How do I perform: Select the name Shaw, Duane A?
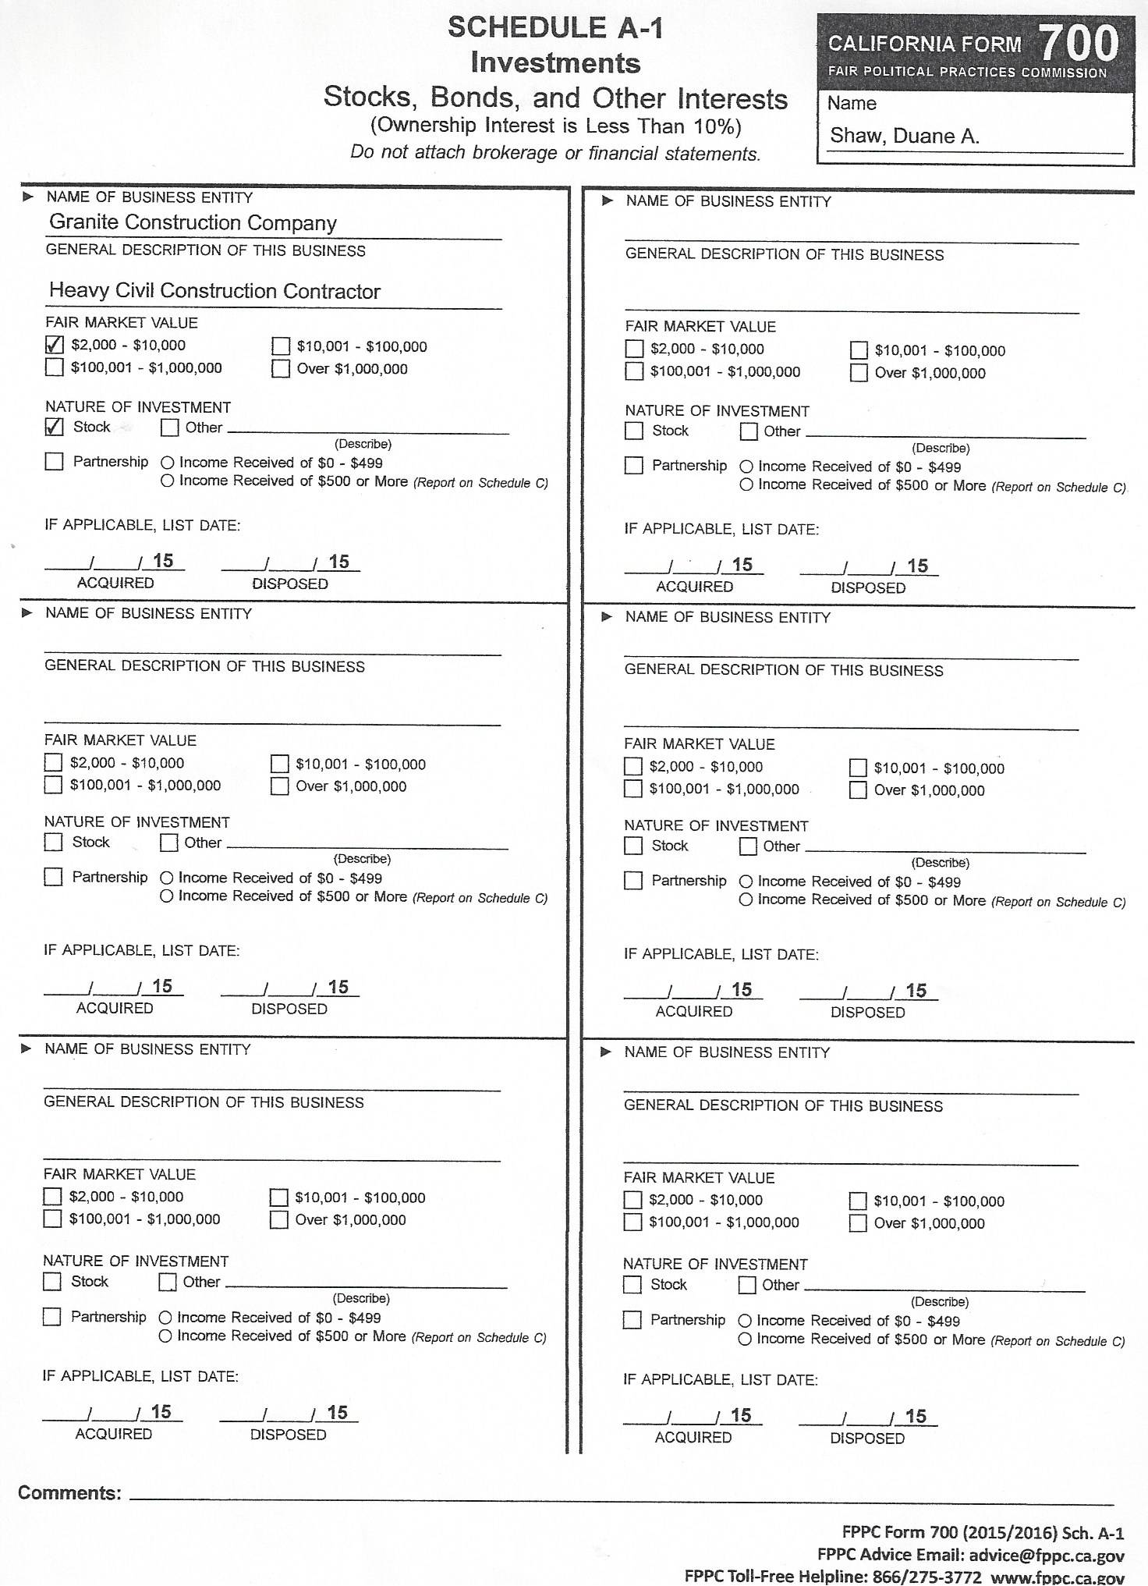coord(904,136)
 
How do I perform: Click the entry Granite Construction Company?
coord(193,223)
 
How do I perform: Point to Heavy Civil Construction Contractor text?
coord(214,291)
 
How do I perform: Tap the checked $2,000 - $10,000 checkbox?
coord(55,345)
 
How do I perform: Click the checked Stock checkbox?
coord(55,427)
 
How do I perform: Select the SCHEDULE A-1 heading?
coord(555,28)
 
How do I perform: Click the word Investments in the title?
coord(555,63)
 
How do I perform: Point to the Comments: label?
coord(69,1493)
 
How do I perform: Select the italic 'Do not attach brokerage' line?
coord(555,154)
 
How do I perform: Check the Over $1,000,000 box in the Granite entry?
coord(281,369)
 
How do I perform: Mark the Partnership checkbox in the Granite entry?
coord(55,462)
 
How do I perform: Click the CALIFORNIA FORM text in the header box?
coord(924,44)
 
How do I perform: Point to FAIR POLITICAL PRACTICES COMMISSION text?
coord(967,73)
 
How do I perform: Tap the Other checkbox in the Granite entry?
coord(170,428)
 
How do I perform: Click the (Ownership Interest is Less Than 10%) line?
coord(555,126)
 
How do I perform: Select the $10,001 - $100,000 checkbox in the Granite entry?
coord(281,346)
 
